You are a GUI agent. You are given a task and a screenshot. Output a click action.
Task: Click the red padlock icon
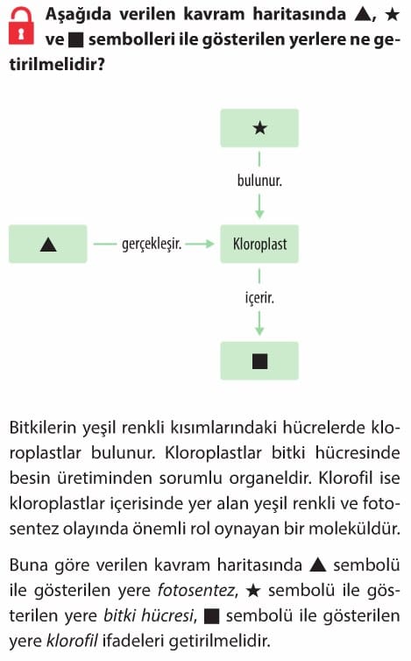(21, 25)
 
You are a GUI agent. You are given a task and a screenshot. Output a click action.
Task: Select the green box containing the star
(259, 128)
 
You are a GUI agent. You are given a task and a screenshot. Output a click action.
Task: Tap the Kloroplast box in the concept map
(259, 244)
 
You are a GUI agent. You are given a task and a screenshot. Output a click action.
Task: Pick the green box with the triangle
(48, 244)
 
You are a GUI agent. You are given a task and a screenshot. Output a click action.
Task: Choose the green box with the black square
(259, 361)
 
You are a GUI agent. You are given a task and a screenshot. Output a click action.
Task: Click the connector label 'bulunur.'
(259, 181)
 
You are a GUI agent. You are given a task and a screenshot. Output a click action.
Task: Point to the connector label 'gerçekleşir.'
(152, 244)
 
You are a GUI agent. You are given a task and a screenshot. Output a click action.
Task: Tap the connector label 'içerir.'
(259, 297)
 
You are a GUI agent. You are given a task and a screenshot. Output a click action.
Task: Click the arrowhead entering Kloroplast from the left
(209, 244)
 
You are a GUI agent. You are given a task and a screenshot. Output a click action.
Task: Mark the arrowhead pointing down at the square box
(259, 330)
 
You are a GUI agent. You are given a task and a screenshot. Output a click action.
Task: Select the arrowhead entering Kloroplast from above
(259, 213)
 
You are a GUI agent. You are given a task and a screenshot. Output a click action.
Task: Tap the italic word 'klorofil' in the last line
(72, 641)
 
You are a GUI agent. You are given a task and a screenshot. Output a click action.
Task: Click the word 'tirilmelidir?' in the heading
(57, 65)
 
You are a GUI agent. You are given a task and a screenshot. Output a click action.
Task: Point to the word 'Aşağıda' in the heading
(78, 15)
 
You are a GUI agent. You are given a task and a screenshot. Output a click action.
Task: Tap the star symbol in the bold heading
(392, 15)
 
